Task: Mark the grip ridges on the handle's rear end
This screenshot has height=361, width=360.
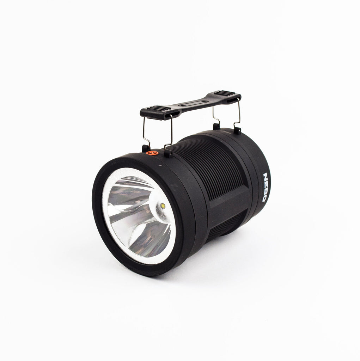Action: [x=224, y=93]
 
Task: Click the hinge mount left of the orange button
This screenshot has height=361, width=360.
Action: [x=145, y=148]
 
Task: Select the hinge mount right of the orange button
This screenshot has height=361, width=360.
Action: [x=168, y=154]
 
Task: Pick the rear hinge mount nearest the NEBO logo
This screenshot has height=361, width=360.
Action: [x=237, y=130]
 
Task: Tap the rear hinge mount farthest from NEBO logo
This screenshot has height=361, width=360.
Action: [x=216, y=126]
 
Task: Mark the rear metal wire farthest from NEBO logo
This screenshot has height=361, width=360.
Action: [x=214, y=114]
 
